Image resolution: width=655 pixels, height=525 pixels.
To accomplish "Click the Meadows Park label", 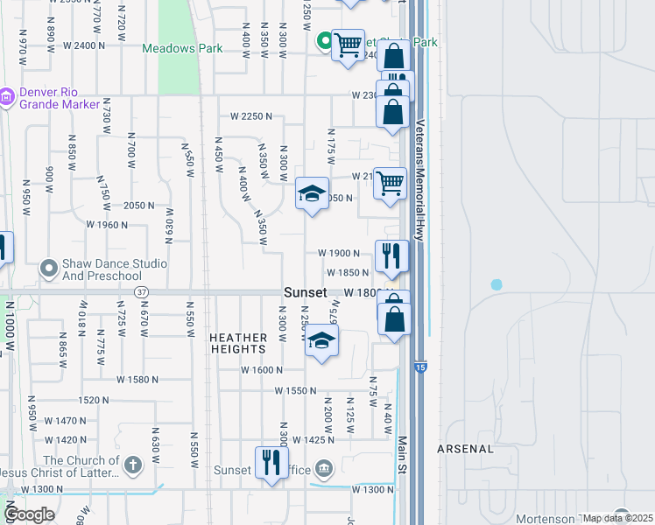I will click(x=183, y=49).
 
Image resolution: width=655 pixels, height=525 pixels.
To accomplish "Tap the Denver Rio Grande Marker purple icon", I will click(x=6, y=95).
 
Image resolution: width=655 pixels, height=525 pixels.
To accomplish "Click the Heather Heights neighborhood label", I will click(x=238, y=343).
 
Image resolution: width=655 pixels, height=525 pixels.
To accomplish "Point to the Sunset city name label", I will click(x=306, y=292).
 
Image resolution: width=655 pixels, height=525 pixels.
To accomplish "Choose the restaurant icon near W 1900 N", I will click(x=391, y=255).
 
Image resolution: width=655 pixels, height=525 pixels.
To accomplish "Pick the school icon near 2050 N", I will click(x=311, y=194).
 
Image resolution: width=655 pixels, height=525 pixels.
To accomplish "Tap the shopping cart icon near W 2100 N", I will click(x=390, y=183).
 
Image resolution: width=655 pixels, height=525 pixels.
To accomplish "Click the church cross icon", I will click(x=132, y=464).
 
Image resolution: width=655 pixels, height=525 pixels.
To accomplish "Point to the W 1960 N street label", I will click(x=107, y=225).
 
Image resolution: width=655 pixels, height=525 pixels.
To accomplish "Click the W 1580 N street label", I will click(x=138, y=380).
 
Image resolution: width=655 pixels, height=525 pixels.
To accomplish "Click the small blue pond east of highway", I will click(x=497, y=284).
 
